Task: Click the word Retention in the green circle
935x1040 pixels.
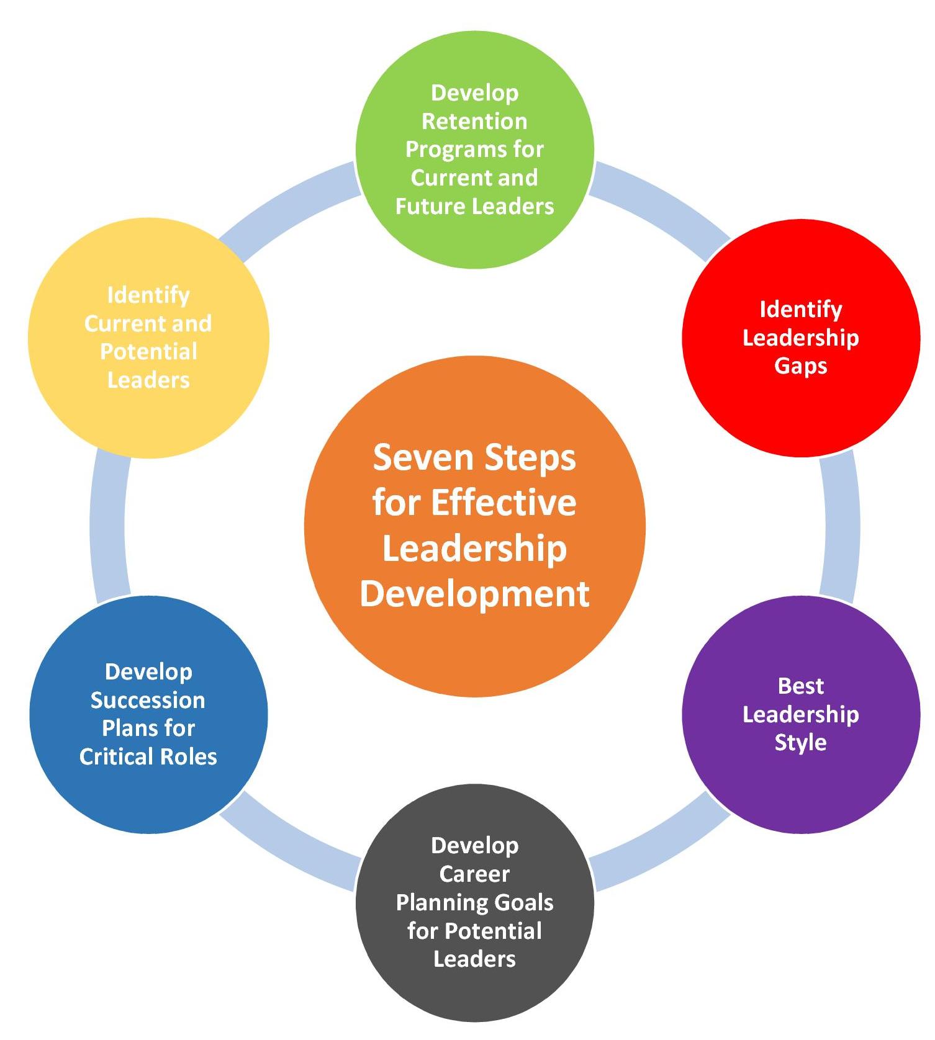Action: [474, 121]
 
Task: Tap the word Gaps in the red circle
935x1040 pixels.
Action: [800, 366]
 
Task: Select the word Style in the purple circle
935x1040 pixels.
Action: [800, 743]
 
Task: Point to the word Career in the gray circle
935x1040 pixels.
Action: [474, 874]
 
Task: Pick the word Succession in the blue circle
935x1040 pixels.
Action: [148, 700]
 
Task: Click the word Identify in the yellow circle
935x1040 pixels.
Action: [148, 295]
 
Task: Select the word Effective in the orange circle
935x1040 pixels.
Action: [504, 503]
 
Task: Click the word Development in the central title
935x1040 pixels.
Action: [474, 594]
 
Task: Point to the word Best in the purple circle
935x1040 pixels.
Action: [800, 686]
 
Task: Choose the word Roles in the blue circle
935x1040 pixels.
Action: [187, 756]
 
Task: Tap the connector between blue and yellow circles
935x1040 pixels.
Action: [109, 527]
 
